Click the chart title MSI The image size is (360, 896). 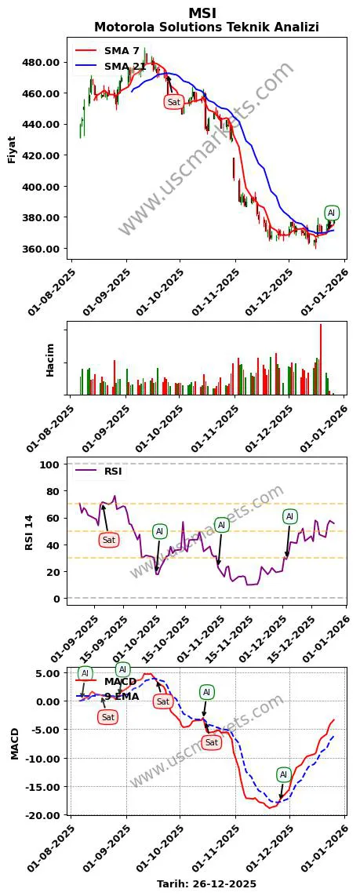pos(202,13)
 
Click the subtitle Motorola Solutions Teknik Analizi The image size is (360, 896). pos(206,27)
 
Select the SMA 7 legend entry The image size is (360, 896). pos(121,50)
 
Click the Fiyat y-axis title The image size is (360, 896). pos(12,149)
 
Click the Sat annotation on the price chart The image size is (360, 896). pos(174,102)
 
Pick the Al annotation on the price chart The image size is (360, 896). pos(331,213)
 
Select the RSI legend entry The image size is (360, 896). pos(113,472)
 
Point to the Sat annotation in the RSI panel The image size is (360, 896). pos(109,540)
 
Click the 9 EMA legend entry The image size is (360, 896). pos(121,696)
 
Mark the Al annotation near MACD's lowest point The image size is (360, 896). pos(284,774)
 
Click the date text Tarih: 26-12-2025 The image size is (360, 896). pos(206,883)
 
